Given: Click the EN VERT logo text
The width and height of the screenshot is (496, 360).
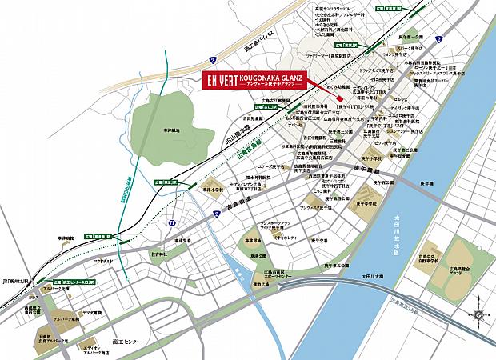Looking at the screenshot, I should pyautogui.click(x=214, y=83).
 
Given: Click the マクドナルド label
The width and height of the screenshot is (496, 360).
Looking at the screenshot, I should pyautogui.click(x=104, y=260).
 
